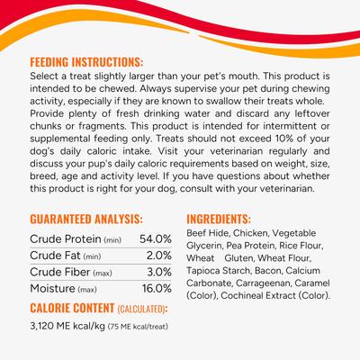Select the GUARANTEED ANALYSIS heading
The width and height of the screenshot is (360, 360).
pos(85,219)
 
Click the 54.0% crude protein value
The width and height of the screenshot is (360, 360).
pos(156,238)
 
